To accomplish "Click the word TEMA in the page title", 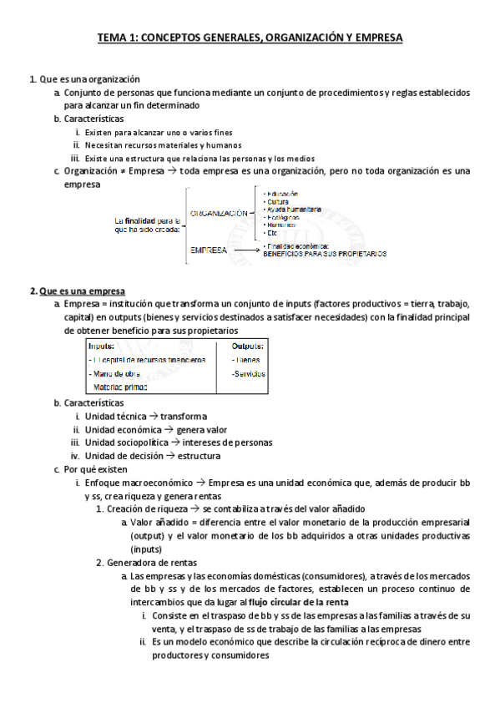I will coord(113,38).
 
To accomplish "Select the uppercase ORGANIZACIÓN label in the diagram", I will coord(219,214).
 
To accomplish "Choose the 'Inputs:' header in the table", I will coord(102,346).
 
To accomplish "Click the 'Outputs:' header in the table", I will coord(248,346).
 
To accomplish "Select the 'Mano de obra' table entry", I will coord(113,373).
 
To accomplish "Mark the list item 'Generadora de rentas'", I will coord(148,562).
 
